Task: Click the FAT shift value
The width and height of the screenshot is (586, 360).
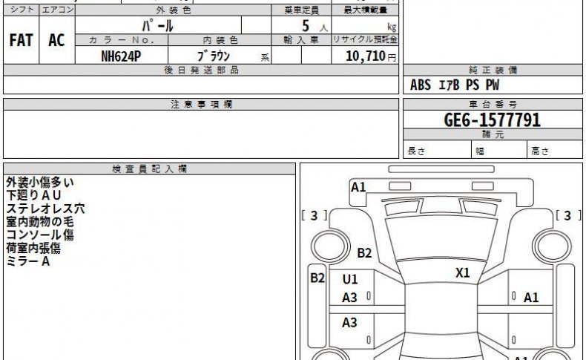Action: pyautogui.click(x=21, y=40)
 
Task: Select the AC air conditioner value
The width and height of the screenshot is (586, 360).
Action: pyautogui.click(x=56, y=40)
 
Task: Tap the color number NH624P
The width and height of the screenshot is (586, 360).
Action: pyautogui.click(x=121, y=56)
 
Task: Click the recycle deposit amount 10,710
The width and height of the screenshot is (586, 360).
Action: pyautogui.click(x=366, y=56)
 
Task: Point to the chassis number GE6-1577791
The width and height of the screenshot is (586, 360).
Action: pyautogui.click(x=493, y=120)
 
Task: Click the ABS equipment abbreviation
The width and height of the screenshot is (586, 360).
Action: pyautogui.click(x=421, y=85)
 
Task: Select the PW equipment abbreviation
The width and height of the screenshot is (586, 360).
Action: pyautogui.click(x=493, y=85)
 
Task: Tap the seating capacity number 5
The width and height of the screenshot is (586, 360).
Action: pyautogui.click(x=306, y=26)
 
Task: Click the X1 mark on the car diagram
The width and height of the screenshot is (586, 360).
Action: pyautogui.click(x=462, y=273)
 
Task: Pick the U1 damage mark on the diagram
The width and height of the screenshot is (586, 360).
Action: pyautogui.click(x=350, y=279)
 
